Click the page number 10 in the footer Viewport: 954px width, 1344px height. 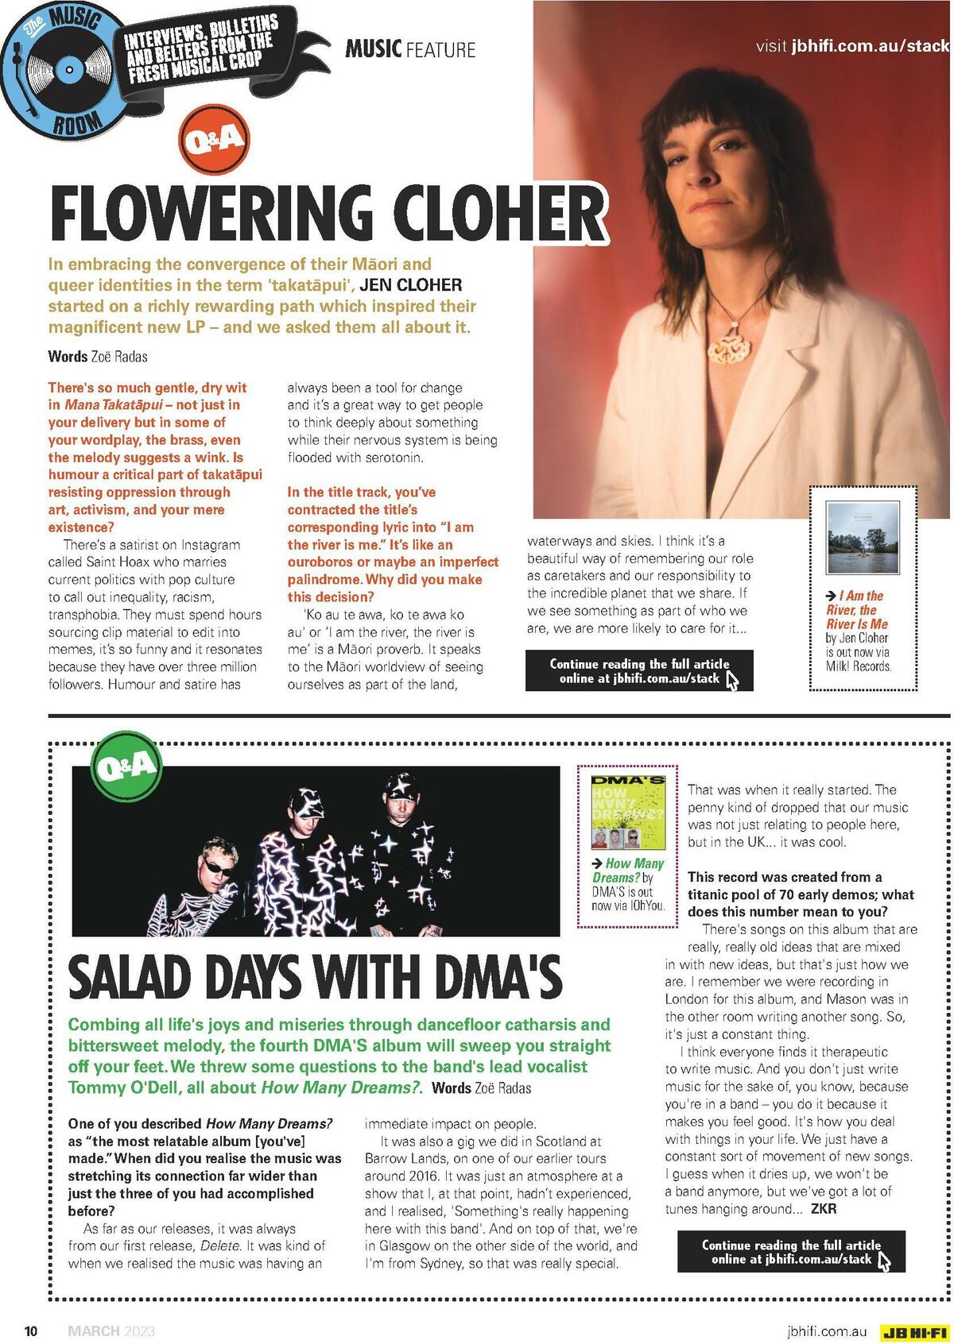click(31, 1331)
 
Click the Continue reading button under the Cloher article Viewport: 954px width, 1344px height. click(639, 671)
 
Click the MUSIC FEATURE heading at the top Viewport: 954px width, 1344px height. click(410, 50)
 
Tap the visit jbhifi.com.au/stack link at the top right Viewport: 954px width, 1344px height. click(852, 46)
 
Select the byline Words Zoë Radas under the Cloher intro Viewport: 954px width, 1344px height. click(98, 357)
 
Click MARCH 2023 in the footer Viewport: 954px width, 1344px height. click(111, 1331)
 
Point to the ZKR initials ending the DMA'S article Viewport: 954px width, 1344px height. click(823, 1209)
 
